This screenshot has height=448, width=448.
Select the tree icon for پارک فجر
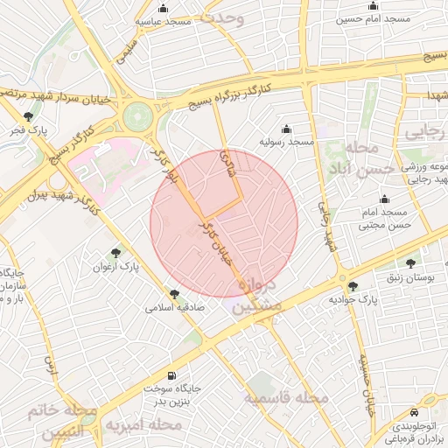pyautogui.click(x=30, y=116)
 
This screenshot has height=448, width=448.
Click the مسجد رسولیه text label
pyautogui.click(x=286, y=141)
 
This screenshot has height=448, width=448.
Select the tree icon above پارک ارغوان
pyautogui.click(x=118, y=252)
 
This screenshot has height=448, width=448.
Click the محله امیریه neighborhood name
pyautogui.click(x=144, y=425)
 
